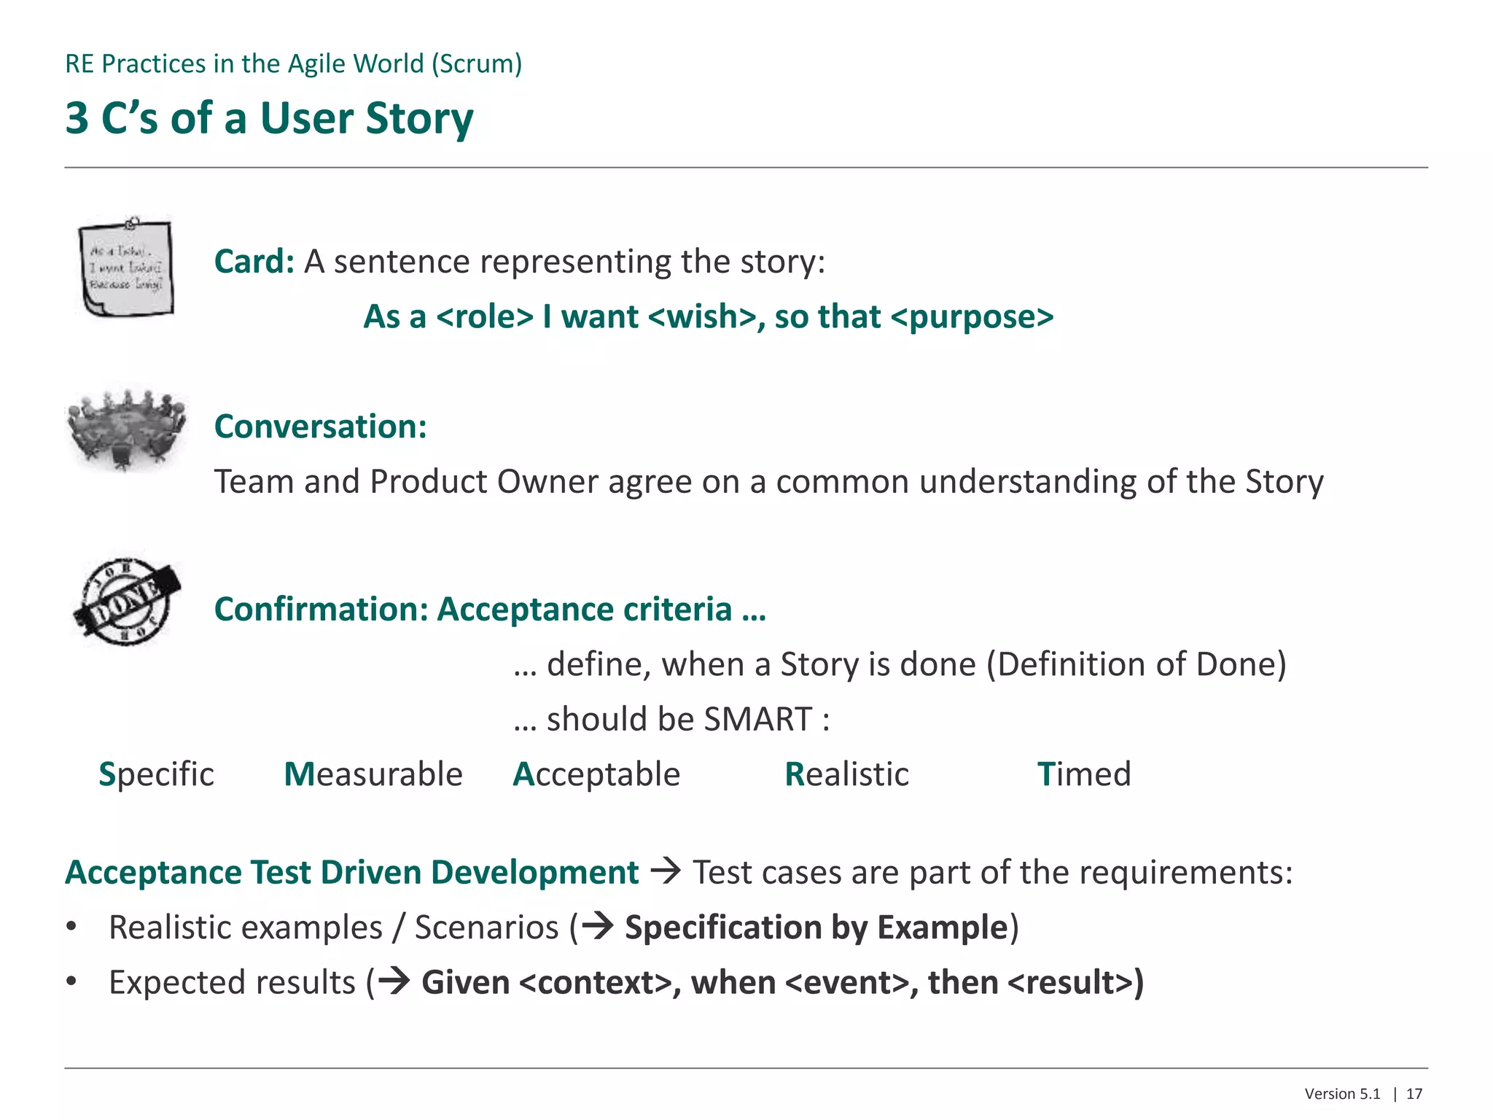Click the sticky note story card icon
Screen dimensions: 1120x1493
[127, 268]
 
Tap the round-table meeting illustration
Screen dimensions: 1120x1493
[127, 429]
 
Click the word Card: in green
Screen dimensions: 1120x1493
[254, 261]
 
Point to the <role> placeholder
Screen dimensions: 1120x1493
[485, 316]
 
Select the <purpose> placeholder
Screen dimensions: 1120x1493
[972, 316]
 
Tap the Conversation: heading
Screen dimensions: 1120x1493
[320, 427]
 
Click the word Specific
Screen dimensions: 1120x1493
[156, 774]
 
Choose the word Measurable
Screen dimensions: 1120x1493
[373, 774]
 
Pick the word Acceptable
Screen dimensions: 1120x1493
[596, 774]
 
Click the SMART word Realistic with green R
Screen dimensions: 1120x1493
[846, 774]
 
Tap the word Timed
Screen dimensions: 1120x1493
[1083, 774]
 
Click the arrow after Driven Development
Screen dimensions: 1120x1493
[665, 871]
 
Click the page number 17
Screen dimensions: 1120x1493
[1414, 1094]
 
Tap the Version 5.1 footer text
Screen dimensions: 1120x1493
[1342, 1094]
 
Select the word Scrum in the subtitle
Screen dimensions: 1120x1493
[476, 63]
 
